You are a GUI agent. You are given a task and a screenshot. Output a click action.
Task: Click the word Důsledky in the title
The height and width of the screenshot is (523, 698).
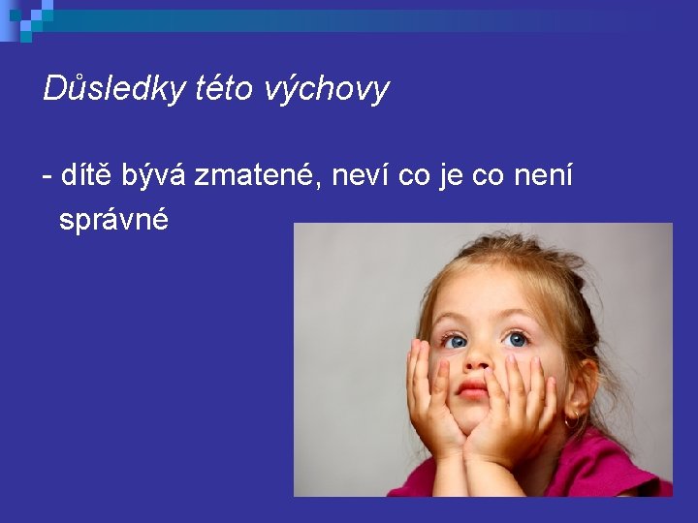[114, 88]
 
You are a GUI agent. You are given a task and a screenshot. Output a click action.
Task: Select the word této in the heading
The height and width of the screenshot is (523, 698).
[224, 87]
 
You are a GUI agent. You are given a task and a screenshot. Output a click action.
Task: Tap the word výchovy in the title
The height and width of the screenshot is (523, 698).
[327, 90]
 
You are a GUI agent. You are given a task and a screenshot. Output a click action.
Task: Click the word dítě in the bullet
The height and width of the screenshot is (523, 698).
[85, 173]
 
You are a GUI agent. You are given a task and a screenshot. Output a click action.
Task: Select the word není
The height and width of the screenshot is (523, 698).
[543, 174]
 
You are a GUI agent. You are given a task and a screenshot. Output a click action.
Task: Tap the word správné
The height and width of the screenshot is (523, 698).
[114, 219]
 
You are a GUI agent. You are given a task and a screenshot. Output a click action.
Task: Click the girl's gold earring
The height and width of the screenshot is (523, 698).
[572, 419]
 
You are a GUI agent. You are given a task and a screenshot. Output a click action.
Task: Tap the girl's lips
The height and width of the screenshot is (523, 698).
[472, 389]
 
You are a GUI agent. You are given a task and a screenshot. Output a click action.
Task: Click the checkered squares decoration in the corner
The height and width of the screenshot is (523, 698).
[27, 20]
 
